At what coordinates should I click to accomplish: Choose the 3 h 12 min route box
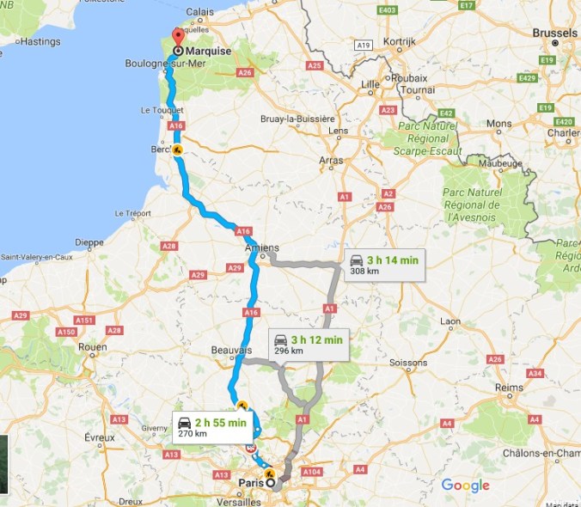(x=306, y=344)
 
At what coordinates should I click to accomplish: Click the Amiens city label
(x=262, y=248)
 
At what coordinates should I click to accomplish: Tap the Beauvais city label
(x=231, y=351)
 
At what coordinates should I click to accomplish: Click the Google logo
(x=465, y=486)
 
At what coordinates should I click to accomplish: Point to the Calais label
(x=199, y=11)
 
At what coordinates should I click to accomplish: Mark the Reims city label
(x=509, y=388)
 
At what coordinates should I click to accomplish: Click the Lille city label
(x=370, y=83)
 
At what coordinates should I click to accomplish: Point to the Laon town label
(x=450, y=321)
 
